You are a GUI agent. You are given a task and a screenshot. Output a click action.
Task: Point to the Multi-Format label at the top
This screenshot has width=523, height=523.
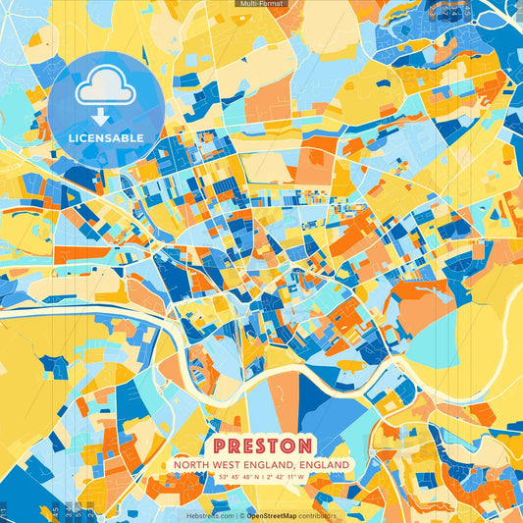click(x=261, y=4)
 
